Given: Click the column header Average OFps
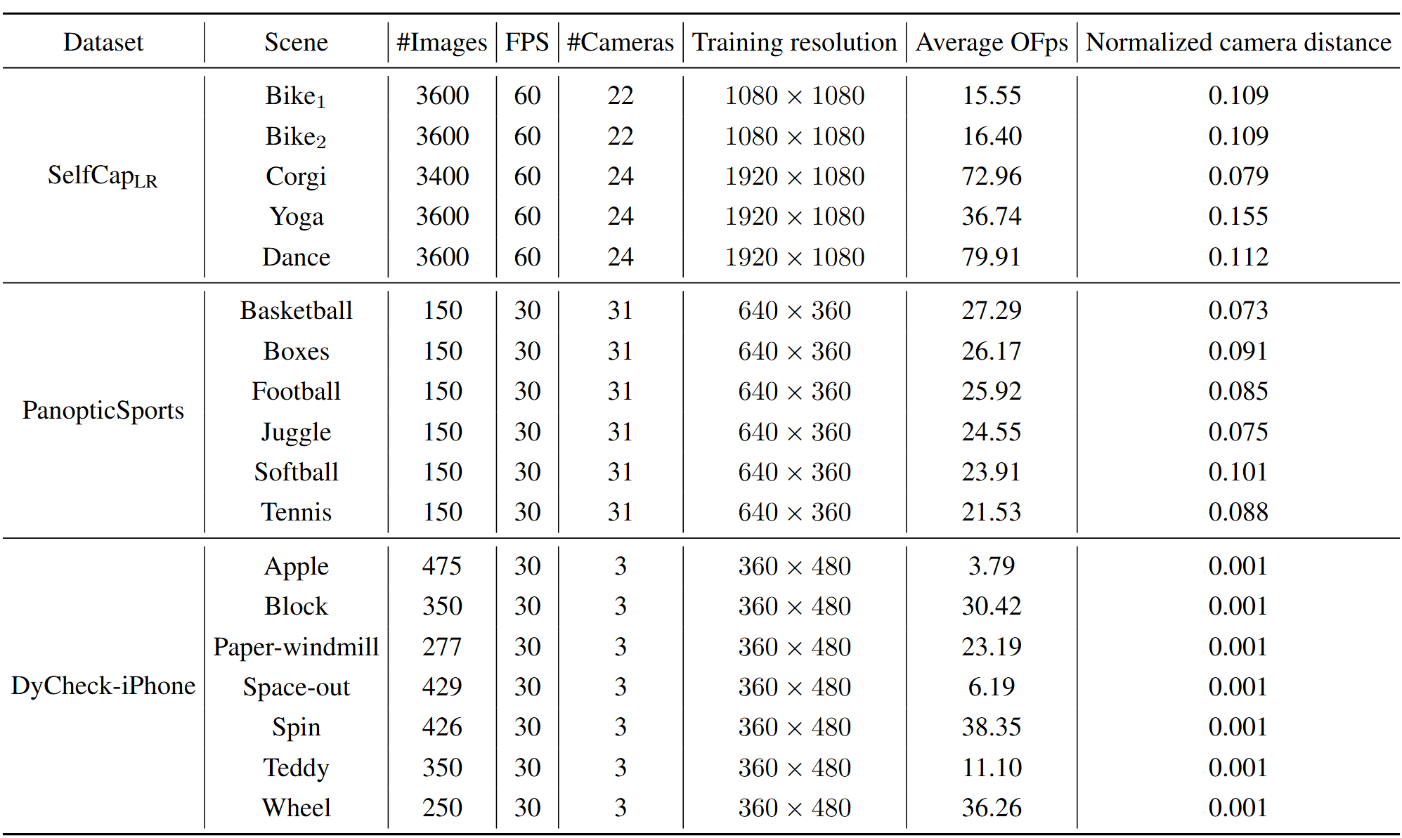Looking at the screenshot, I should [x=991, y=43].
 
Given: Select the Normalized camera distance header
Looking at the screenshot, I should [x=1238, y=43].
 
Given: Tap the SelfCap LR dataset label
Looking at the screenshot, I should [x=103, y=176].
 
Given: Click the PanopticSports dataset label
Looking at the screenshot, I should [x=103, y=410].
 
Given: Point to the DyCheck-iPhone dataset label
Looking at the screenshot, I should [x=103, y=686].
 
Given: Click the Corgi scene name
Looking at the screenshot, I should [x=296, y=177].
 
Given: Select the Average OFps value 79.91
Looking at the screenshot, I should [x=991, y=257].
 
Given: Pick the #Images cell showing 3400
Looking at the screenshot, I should [x=442, y=176].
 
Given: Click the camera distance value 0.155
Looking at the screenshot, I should [x=1238, y=216].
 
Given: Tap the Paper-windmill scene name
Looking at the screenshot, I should [x=296, y=647].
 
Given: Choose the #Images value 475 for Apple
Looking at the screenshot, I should [x=442, y=566].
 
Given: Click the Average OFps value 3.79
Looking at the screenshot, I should [x=991, y=566].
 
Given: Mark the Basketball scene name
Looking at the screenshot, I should [x=296, y=310].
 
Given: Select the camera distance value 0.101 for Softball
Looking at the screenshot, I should [x=1238, y=472].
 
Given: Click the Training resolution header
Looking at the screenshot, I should [x=794, y=43].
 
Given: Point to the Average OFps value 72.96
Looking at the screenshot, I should [x=991, y=176].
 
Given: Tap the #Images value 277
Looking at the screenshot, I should [x=442, y=647].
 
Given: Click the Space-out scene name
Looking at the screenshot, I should [x=296, y=687].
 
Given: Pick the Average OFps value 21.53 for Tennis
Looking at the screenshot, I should [x=991, y=512].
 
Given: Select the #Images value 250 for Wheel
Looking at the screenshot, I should [x=442, y=808].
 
